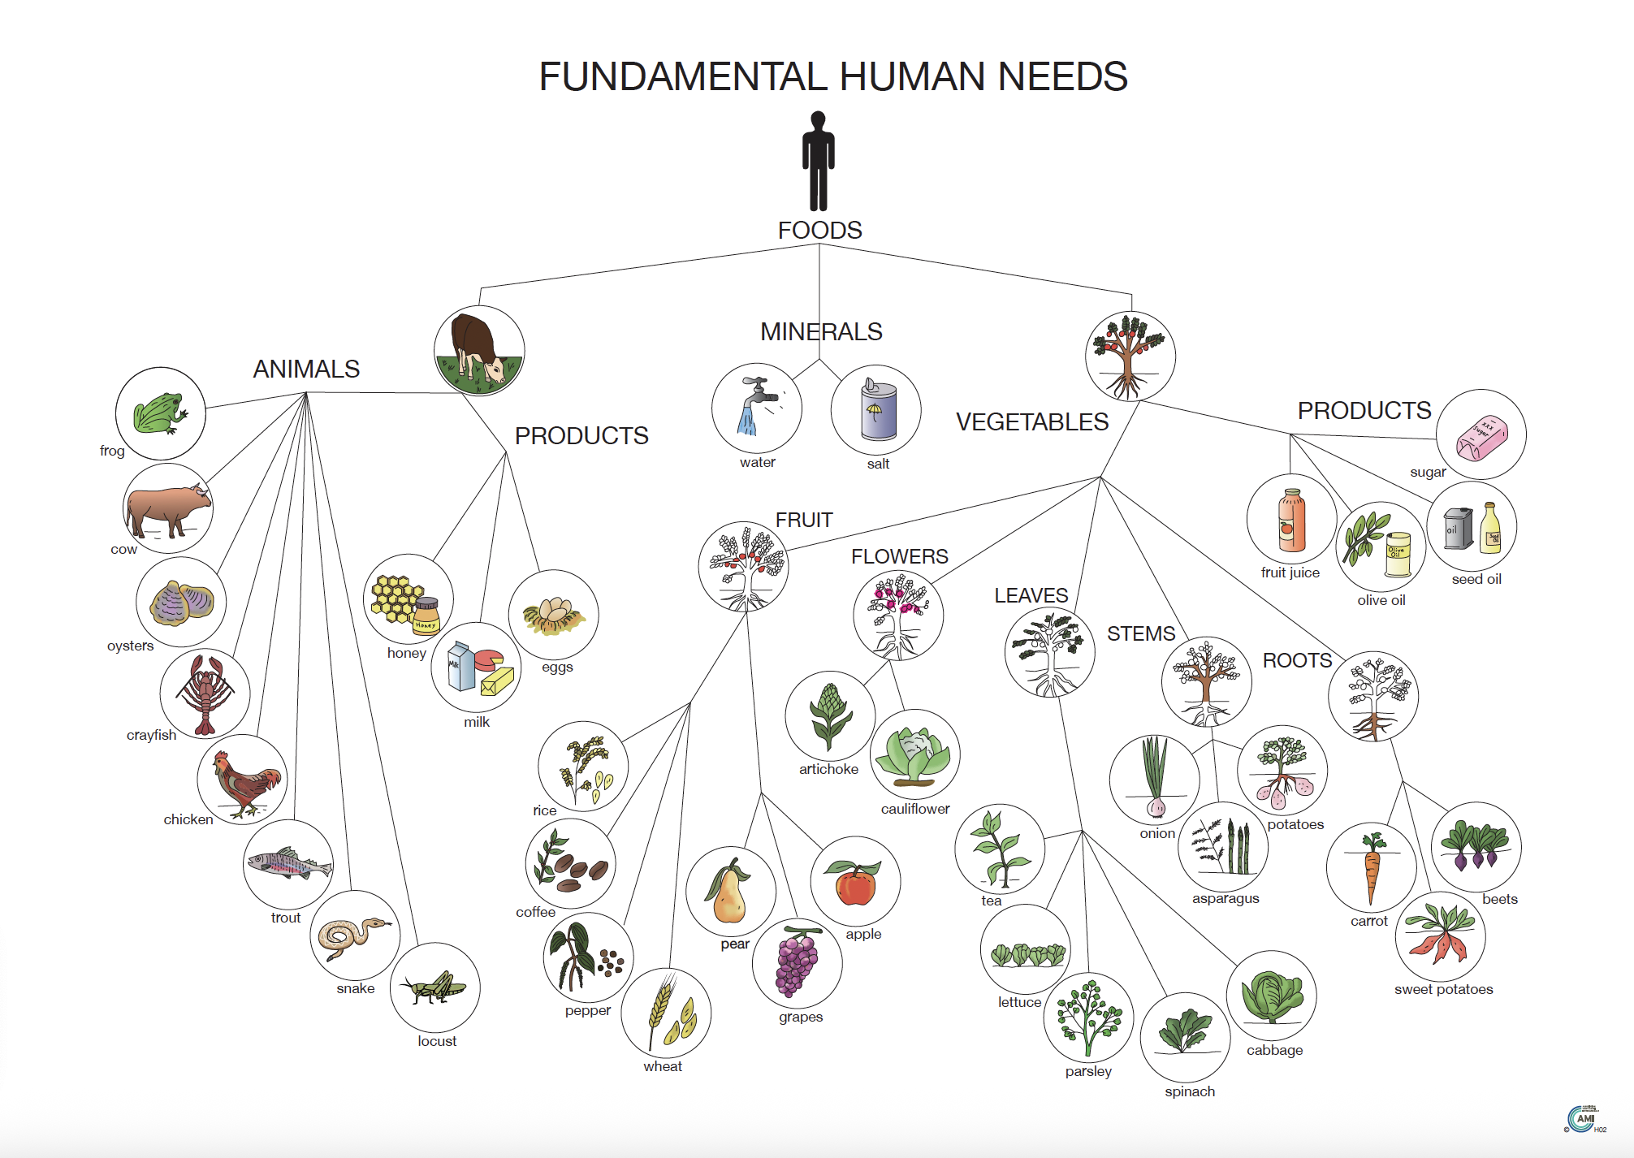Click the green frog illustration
[x=160, y=413]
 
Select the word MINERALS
[x=820, y=331]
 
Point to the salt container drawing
[x=877, y=410]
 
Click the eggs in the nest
[x=554, y=615]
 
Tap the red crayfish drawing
[x=205, y=693]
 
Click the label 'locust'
[x=437, y=1041]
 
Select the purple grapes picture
[x=797, y=964]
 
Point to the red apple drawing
[x=854, y=883]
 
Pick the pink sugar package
[x=1481, y=435]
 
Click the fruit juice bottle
[x=1291, y=521]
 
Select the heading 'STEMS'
[x=1140, y=633]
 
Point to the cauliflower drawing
[x=914, y=755]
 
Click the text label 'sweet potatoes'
[x=1443, y=989]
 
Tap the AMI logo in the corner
[x=1584, y=1119]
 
